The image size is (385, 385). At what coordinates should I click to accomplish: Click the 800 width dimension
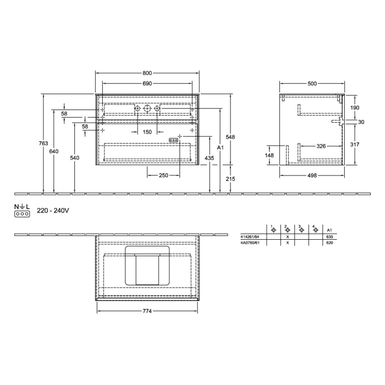(x=147, y=73)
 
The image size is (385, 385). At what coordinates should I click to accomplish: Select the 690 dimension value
(x=147, y=84)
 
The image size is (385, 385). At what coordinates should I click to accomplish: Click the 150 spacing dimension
(x=147, y=132)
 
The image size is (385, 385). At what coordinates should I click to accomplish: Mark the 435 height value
(x=210, y=158)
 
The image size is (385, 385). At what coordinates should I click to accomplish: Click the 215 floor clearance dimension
(x=231, y=179)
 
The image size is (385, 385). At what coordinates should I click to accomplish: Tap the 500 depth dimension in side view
(x=312, y=84)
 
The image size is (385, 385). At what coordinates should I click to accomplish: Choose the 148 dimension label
(x=269, y=155)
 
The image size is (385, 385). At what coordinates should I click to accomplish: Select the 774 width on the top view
(x=147, y=311)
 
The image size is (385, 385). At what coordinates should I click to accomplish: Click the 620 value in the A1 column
(x=329, y=242)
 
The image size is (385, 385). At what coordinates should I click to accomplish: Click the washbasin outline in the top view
(x=147, y=266)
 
